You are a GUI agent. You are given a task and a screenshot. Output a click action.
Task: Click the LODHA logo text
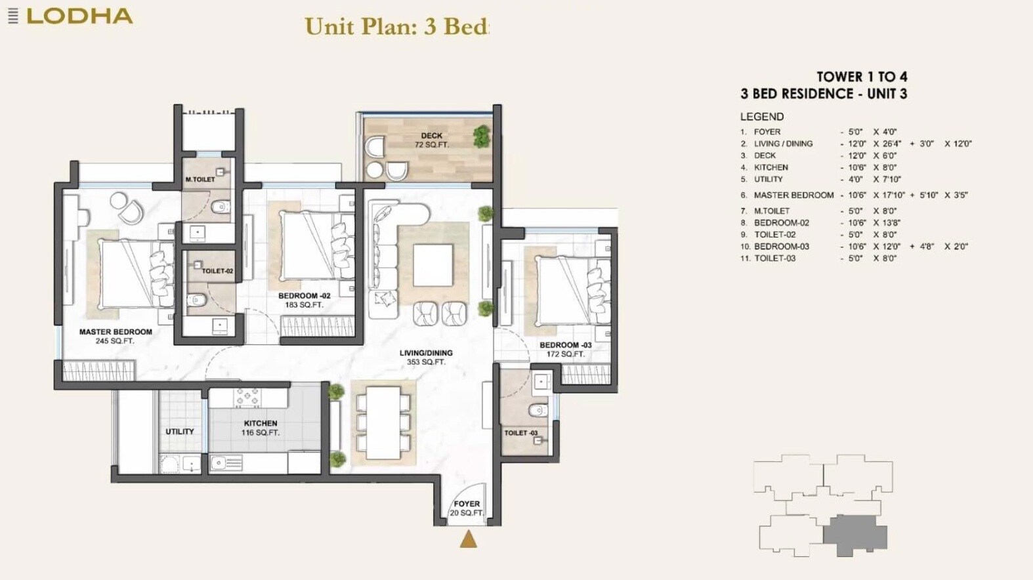pos(79,16)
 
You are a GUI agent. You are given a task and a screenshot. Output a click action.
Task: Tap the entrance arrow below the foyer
pos(468,539)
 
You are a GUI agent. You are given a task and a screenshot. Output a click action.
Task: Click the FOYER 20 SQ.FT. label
pos(467,508)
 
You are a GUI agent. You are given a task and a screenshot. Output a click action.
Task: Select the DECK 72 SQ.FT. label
pos(431,140)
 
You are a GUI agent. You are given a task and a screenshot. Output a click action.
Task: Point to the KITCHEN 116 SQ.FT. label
pos(261,428)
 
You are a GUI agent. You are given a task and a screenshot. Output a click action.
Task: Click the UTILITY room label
pos(179,432)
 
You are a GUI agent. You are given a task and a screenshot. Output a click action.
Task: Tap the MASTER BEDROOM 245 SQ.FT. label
pos(116,336)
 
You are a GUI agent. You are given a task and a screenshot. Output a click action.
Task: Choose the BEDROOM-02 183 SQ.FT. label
pos(304,300)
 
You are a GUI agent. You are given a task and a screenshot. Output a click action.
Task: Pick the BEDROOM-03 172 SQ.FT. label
pos(565,349)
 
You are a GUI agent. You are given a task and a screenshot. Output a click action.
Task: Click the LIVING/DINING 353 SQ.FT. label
pos(426,357)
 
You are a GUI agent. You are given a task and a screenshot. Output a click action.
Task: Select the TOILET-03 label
pos(520,433)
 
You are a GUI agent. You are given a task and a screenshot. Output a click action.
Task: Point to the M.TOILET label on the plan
pos(200,179)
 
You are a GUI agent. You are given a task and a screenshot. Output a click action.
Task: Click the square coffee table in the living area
pos(433,264)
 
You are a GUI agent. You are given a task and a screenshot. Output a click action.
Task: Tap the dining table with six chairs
pos(383,423)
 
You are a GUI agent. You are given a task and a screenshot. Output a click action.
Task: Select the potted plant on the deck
pos(481,136)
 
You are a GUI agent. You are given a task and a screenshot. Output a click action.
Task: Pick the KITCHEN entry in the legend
pos(770,167)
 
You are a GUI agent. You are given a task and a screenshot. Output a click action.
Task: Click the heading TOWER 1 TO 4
pos(861,77)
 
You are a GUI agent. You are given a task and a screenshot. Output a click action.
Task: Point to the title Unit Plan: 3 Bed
pos(397,27)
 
